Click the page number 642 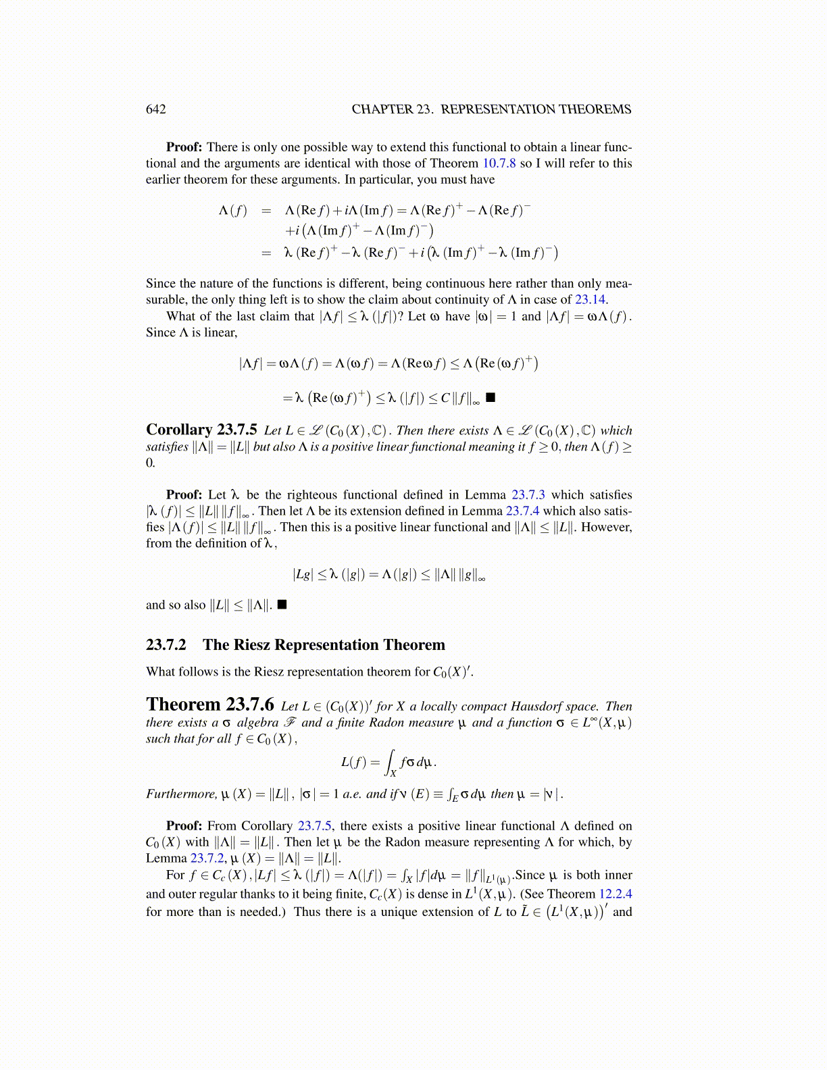point(155,109)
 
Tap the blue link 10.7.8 point(499,163)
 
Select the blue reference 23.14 point(590,300)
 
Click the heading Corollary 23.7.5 point(201,430)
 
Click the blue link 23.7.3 point(528,495)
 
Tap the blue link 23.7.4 point(522,511)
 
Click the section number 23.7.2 point(166,645)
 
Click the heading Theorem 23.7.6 point(209,705)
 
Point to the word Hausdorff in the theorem point(543,707)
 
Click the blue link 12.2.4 point(615,894)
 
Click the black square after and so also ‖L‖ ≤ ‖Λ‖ point(282,605)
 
